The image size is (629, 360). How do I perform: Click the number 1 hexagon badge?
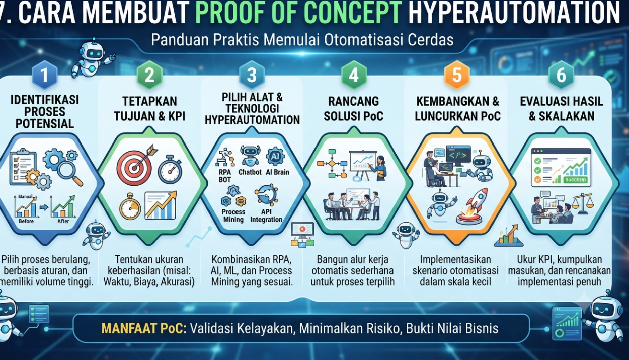tap(45, 75)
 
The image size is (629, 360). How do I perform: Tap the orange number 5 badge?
tap(457, 75)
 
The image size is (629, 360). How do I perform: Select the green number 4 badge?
tap(354, 75)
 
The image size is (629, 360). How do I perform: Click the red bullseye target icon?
tap(134, 168)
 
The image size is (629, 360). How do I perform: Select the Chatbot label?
tap(250, 172)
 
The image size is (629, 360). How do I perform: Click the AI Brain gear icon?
tap(275, 156)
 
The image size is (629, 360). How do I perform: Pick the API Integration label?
tap(266, 215)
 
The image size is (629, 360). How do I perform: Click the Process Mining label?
tap(233, 215)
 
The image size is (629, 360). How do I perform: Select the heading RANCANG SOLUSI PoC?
tap(354, 109)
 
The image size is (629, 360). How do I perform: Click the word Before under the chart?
tap(26, 221)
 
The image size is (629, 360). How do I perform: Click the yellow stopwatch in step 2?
tap(130, 206)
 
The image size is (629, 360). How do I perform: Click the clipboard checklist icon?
tap(23, 168)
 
